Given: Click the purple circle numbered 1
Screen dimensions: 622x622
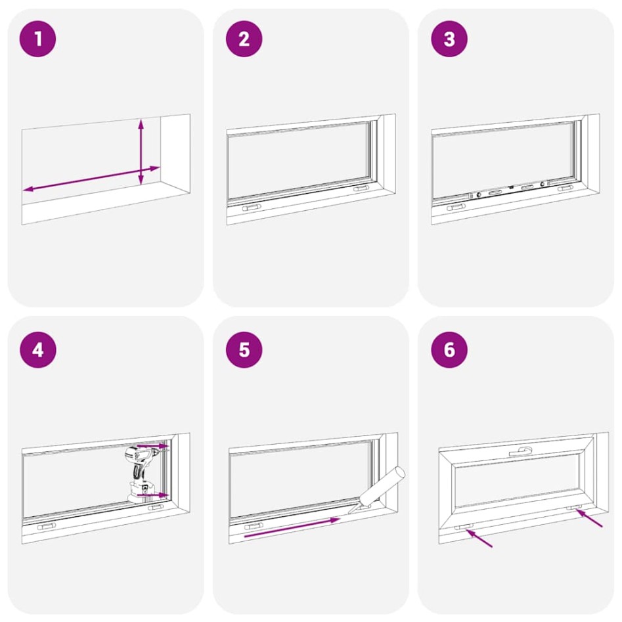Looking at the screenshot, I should (x=37, y=39).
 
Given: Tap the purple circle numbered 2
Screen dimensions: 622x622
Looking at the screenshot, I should (x=244, y=39).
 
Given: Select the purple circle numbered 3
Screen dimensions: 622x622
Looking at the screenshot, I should (x=449, y=39).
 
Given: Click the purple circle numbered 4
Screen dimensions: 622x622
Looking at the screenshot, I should (x=37, y=349).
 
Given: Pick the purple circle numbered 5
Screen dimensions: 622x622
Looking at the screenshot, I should (x=244, y=349).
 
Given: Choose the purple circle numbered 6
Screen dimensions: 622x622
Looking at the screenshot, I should (x=449, y=349).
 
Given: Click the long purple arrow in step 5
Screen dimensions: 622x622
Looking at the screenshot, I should (x=292, y=527).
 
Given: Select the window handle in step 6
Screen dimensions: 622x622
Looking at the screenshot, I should (x=523, y=451).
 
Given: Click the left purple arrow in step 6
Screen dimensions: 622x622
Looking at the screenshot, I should (x=479, y=539).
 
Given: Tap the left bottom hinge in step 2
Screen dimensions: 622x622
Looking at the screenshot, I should (x=251, y=207).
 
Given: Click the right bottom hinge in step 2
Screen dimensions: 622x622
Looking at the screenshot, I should (x=361, y=189).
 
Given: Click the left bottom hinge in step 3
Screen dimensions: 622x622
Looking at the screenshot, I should (x=456, y=207).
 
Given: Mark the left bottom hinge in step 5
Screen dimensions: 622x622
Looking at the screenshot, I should (x=253, y=525).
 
